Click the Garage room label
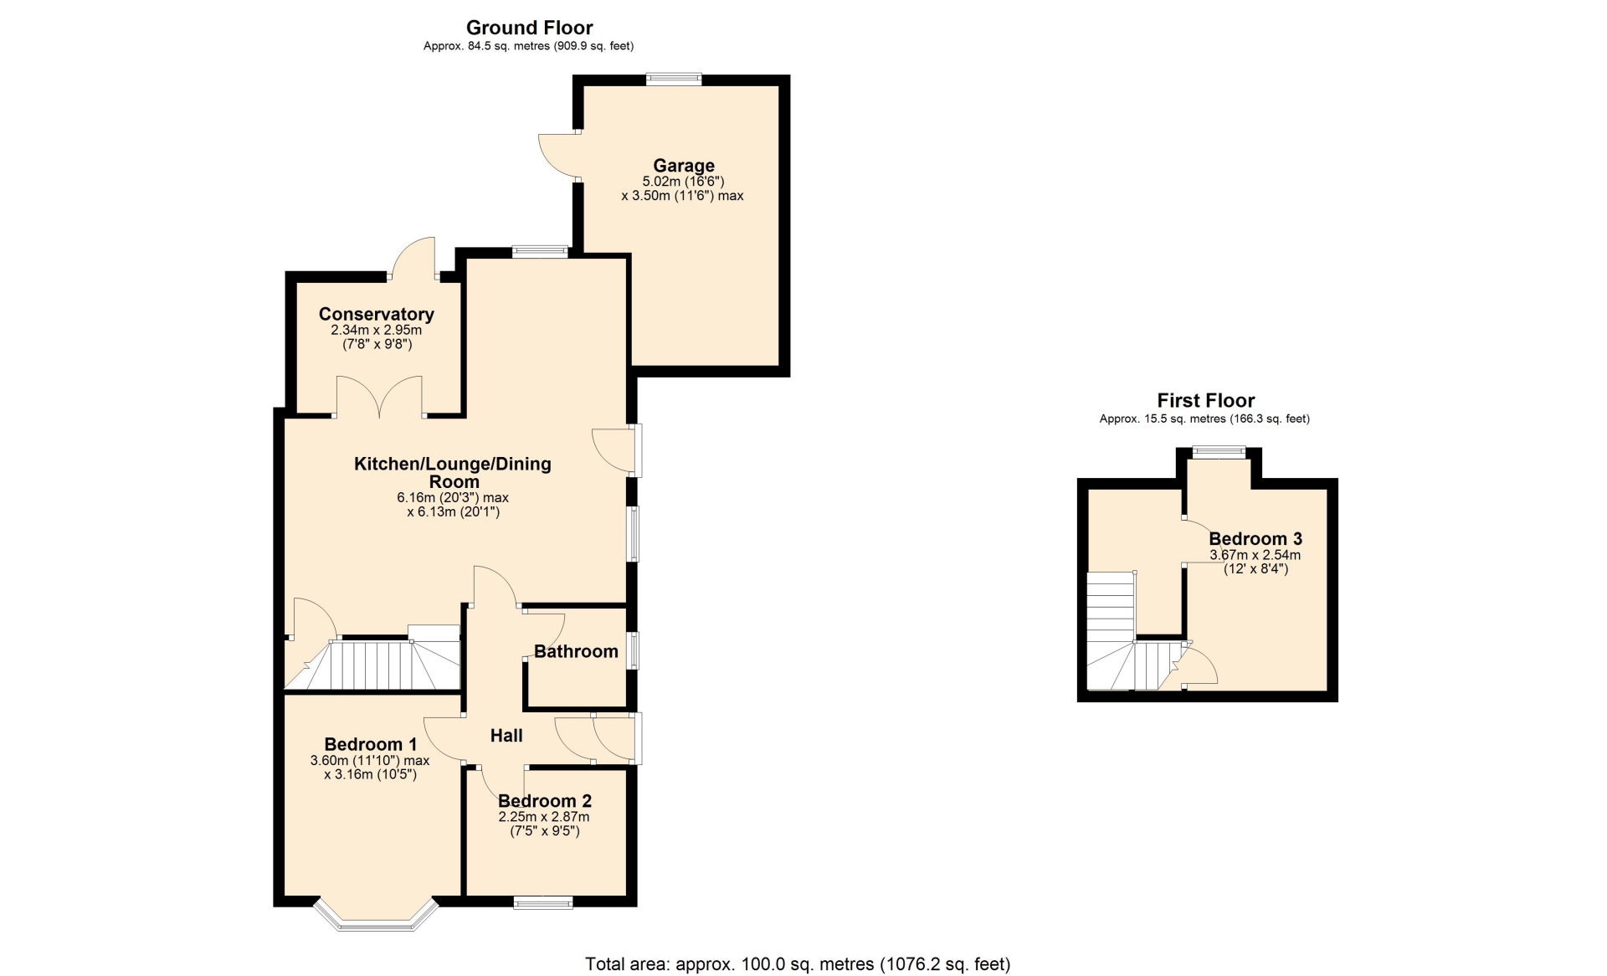(684, 166)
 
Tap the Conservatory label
(377, 314)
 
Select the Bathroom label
(576, 651)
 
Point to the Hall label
(506, 735)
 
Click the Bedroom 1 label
(371, 744)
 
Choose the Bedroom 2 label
(545, 801)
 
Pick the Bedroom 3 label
(1255, 539)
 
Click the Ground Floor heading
(530, 28)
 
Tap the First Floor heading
(1206, 400)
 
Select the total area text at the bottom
(798, 964)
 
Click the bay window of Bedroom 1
(377, 917)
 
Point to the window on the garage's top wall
(674, 80)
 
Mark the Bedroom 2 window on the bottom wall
(543, 902)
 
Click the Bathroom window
(634, 650)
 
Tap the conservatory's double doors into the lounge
(380, 397)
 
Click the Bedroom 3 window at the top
(1219, 452)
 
